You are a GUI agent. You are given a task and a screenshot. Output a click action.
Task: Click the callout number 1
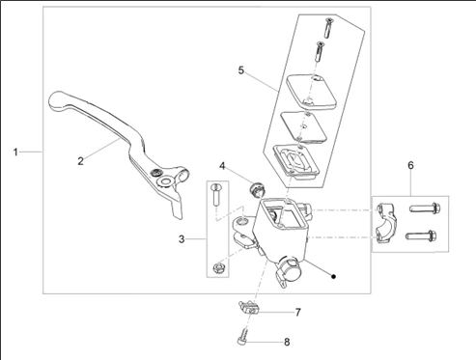point(15,152)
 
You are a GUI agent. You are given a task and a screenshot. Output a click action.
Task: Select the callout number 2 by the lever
point(80,161)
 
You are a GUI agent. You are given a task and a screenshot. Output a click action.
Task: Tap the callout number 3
point(182,239)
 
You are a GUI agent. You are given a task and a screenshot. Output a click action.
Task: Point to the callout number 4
point(222,166)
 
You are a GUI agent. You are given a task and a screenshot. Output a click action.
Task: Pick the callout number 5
point(241,69)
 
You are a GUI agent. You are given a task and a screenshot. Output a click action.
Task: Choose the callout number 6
point(410,165)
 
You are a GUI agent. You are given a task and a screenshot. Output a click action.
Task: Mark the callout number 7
point(297,312)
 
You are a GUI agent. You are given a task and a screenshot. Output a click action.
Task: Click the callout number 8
point(287,342)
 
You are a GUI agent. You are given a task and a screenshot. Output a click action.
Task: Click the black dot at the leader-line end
point(334,276)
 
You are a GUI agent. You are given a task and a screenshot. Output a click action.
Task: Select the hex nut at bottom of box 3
point(218,267)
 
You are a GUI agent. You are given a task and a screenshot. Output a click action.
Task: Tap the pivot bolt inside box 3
point(215,195)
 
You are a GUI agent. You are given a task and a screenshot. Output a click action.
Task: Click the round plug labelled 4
point(257,189)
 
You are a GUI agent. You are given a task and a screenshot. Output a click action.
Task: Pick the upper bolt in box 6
point(425,208)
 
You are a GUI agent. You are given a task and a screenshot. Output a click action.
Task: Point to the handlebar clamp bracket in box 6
point(387,223)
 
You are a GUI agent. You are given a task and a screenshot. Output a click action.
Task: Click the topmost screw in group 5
point(328,28)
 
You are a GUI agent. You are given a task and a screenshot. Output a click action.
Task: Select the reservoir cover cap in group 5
point(311,91)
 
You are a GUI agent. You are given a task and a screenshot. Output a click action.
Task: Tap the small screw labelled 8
point(243,338)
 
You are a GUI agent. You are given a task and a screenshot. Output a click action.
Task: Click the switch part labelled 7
point(248,308)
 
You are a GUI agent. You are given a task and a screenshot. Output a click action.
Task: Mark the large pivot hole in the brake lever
point(165,181)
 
